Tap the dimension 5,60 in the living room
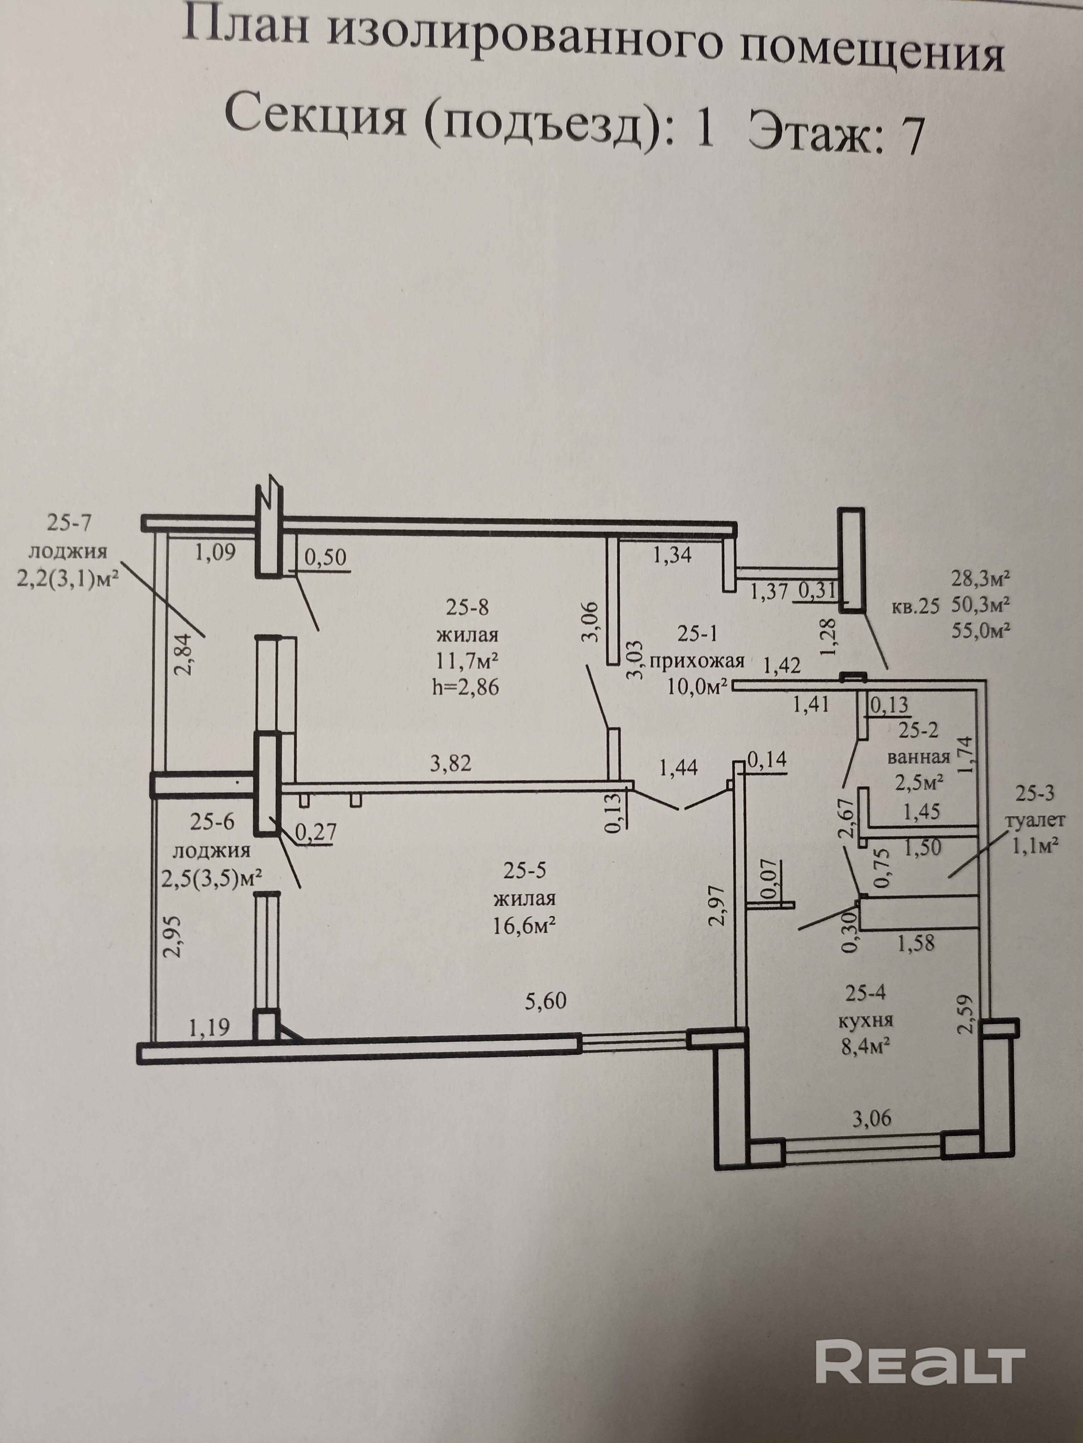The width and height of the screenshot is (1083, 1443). pos(546,1001)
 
